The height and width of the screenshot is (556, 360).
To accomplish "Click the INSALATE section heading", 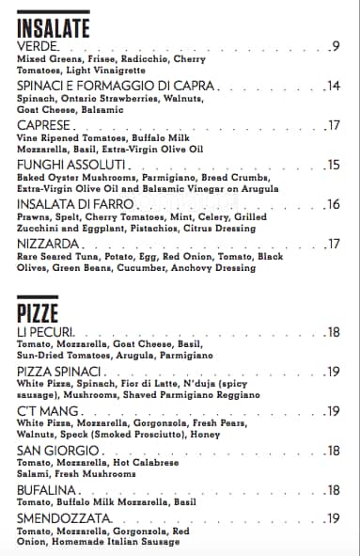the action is [x=54, y=27].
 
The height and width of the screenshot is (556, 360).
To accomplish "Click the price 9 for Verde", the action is [x=336, y=46].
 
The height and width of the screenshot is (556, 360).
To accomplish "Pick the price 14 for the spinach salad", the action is [x=333, y=87].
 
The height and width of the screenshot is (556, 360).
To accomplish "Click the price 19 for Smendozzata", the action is [x=333, y=518].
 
